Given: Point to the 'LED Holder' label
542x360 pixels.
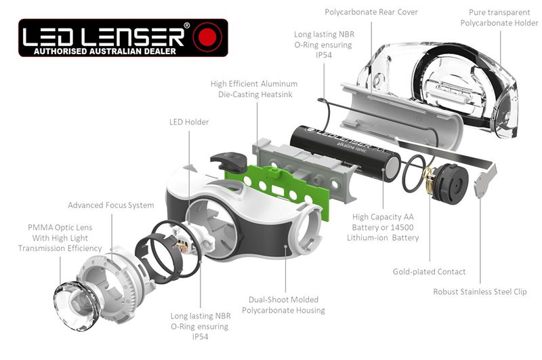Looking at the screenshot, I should coord(188,122).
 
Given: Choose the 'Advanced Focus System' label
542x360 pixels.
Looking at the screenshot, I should coord(110,205).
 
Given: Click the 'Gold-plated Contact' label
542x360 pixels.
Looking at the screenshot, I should coord(429,272).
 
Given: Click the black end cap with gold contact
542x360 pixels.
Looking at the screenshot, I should coord(448,182).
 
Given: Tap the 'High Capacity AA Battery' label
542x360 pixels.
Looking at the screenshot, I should coord(385,227).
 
